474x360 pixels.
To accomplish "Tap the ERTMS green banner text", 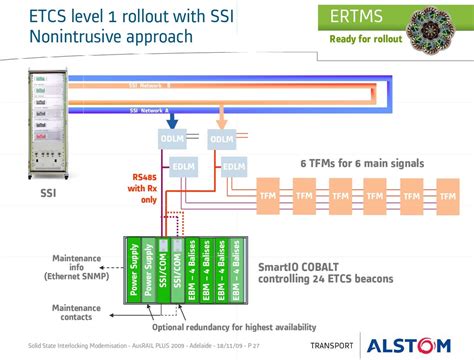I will click(x=365, y=18).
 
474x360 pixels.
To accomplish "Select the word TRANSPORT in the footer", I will click(x=329, y=346).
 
